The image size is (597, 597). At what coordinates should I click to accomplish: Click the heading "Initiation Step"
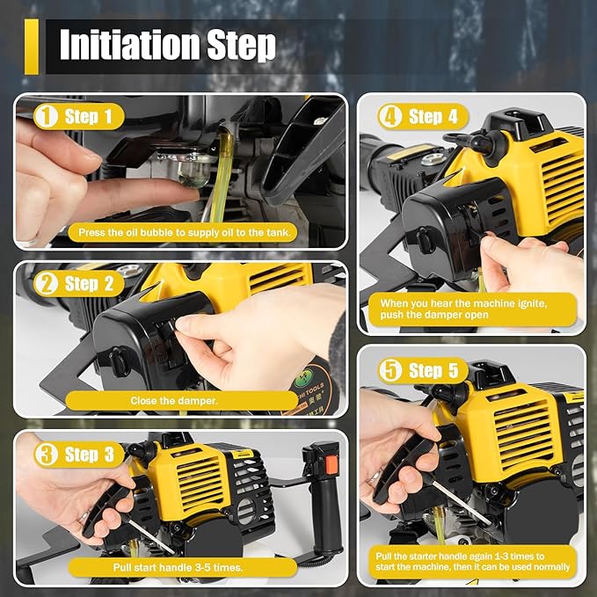[x=167, y=45]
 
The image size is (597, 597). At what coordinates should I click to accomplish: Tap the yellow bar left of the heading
[x=32, y=46]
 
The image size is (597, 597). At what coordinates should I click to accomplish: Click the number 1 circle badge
[x=46, y=116]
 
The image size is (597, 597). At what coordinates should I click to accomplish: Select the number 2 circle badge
[x=46, y=283]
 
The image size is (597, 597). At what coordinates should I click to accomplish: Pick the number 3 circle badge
[x=46, y=454]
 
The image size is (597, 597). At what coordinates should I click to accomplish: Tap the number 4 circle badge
[x=390, y=116]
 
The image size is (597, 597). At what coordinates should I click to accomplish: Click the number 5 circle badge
[x=390, y=370]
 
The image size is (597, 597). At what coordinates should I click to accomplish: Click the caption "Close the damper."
[x=175, y=401]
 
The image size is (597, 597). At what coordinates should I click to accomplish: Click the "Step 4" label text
[x=433, y=116]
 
